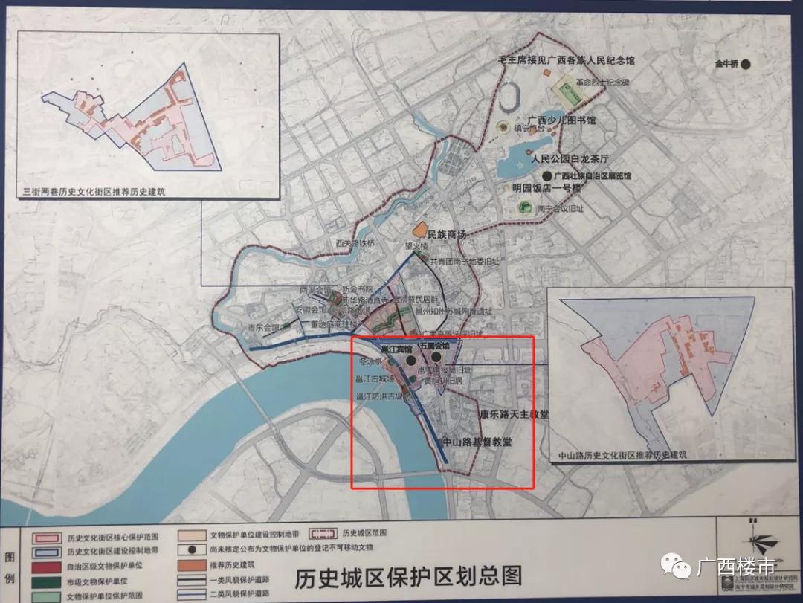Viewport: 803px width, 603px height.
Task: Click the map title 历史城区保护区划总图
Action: (408, 577)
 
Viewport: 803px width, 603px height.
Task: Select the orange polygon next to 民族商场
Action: (420, 232)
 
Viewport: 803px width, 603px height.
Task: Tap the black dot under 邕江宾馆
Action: (410, 359)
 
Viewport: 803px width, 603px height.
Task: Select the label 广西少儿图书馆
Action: (561, 120)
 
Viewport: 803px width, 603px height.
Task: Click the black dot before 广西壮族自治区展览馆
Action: (547, 175)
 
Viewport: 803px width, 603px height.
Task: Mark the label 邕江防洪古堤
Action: (378, 396)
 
